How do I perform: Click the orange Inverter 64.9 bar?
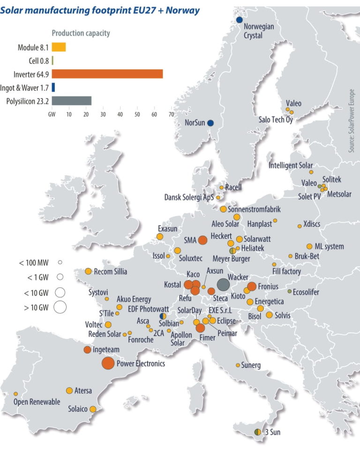[x=107, y=74]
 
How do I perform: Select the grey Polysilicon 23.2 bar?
[x=71, y=101]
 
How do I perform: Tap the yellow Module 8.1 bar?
[x=59, y=47]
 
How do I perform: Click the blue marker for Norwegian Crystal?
[x=239, y=20]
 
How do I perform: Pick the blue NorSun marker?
[x=210, y=123]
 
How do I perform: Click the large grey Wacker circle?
[x=223, y=285]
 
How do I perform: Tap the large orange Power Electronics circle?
[x=108, y=363]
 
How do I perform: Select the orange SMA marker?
[x=202, y=240]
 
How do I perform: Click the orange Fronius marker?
[x=251, y=286]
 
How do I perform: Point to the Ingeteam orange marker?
[x=87, y=350]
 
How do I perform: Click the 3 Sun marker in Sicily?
[x=257, y=431]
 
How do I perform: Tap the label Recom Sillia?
[x=111, y=271]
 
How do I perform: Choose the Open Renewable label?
[x=37, y=402]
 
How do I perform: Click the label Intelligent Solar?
[x=291, y=165]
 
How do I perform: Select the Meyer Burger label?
[x=231, y=258]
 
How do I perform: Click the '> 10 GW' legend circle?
[x=60, y=307]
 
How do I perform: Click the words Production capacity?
[x=81, y=33]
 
